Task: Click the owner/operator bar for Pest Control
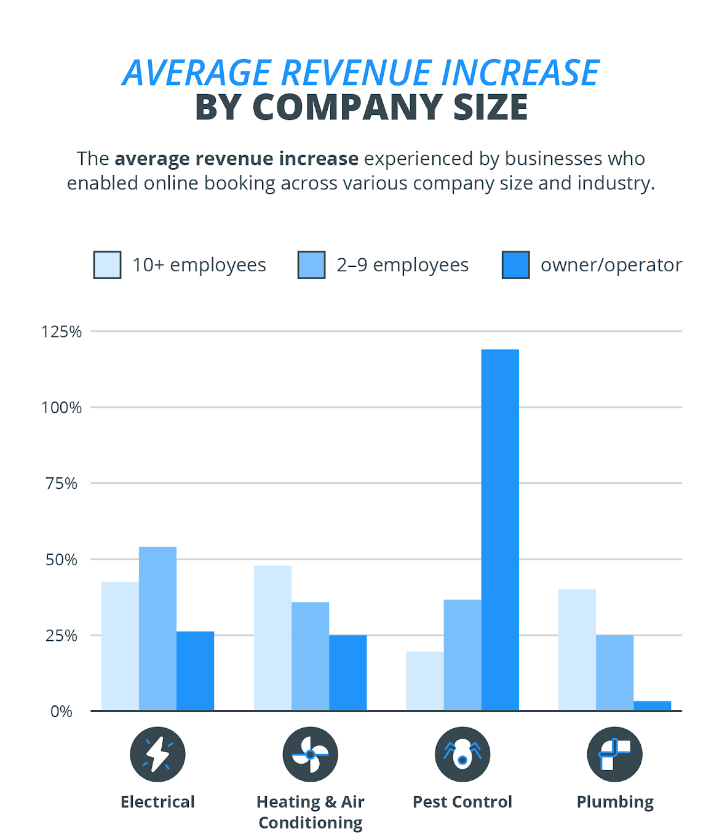(500, 530)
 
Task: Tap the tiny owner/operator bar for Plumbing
(652, 706)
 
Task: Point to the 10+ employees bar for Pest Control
(425, 681)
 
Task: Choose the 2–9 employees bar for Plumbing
(614, 673)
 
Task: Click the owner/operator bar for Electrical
(195, 671)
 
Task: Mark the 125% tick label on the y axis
(61, 332)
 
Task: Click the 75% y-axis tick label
(61, 484)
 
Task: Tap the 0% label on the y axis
(61, 712)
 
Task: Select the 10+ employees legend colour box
(107, 265)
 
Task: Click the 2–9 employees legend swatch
(311, 265)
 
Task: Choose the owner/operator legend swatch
(515, 265)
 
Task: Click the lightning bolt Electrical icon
(157, 754)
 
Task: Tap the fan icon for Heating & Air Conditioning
(310, 754)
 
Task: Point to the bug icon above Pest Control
(462, 754)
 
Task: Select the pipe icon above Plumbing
(614, 754)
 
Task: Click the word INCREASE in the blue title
(520, 73)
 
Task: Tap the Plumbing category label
(615, 802)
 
